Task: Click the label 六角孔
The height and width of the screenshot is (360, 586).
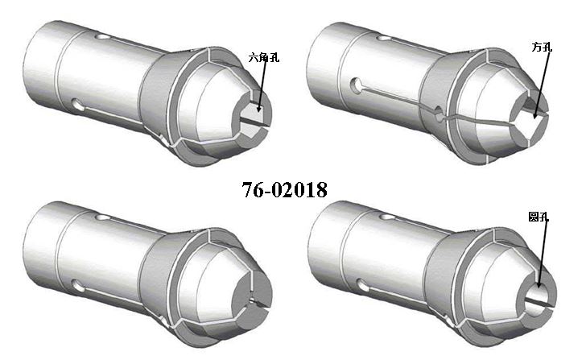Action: [264, 57]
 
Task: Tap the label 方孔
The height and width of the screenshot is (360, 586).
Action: [542, 47]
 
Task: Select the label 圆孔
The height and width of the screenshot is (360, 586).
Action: [539, 217]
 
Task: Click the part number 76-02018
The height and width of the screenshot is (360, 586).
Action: [285, 189]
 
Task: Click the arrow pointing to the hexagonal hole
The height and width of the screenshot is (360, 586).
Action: [262, 83]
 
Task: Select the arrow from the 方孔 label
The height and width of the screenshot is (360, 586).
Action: [542, 85]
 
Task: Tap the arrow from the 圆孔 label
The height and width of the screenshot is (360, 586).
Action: [543, 254]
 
